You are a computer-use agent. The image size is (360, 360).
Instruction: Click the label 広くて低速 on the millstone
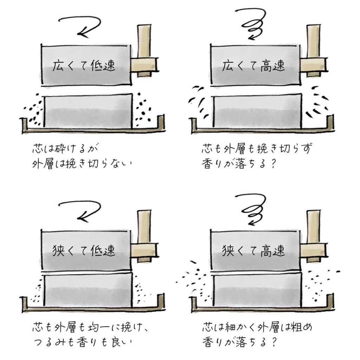[x=84, y=66]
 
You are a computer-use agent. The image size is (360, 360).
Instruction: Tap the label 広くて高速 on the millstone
[x=253, y=66]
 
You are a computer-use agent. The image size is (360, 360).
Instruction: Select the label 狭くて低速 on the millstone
[x=84, y=250]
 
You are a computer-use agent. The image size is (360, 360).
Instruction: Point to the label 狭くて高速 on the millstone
[x=253, y=250]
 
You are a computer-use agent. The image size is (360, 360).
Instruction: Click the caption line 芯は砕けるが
[x=65, y=149]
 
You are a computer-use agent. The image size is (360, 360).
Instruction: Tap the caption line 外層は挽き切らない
[x=82, y=164]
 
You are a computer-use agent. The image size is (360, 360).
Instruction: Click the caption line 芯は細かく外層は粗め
[x=257, y=327]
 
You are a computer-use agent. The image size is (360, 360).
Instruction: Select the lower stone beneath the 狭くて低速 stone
[x=88, y=290]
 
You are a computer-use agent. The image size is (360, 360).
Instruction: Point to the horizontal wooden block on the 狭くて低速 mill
[x=144, y=250]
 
